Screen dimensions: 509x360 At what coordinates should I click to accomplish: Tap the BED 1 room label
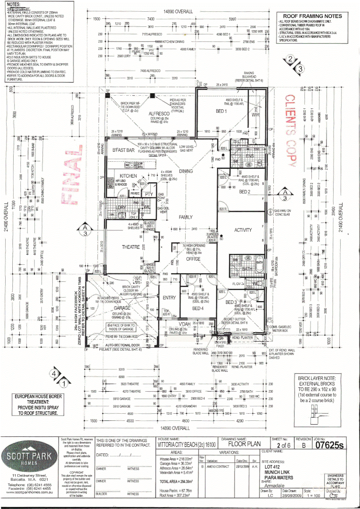(x=221, y=111)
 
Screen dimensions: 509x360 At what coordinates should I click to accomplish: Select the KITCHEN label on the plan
(x=128, y=176)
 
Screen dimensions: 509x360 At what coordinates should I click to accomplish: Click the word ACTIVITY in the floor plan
(x=243, y=230)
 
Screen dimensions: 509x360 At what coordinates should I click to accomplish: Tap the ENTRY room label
(x=169, y=297)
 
